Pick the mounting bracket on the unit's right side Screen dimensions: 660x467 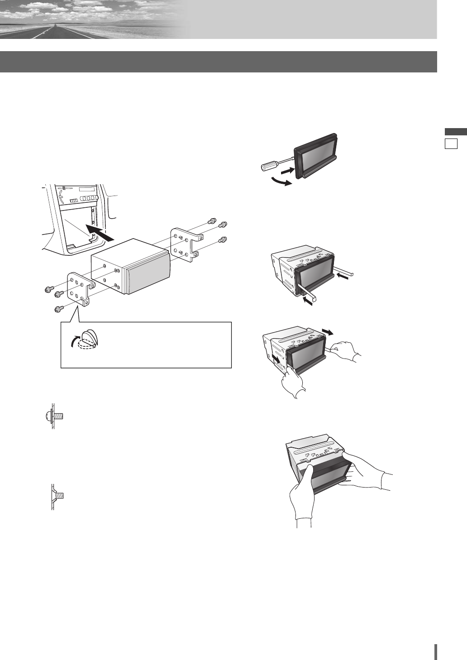pos(186,245)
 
